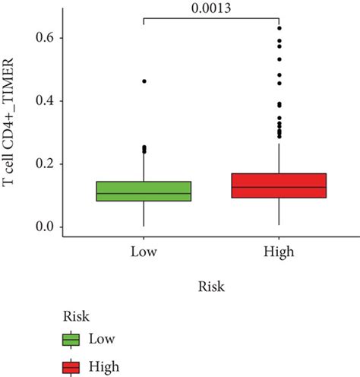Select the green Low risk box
pos(144,192)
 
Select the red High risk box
pos(279,185)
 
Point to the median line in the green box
pos(144,193)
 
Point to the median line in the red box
pos(279,187)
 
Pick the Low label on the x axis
pos(144,252)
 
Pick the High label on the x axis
pos(279,252)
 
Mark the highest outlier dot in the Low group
pos(144,81)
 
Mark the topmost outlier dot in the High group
pos(279,28)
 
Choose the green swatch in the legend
pos(72,339)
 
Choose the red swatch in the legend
pos(72,367)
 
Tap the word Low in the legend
pos(103,339)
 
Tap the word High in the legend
pos(104,367)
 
